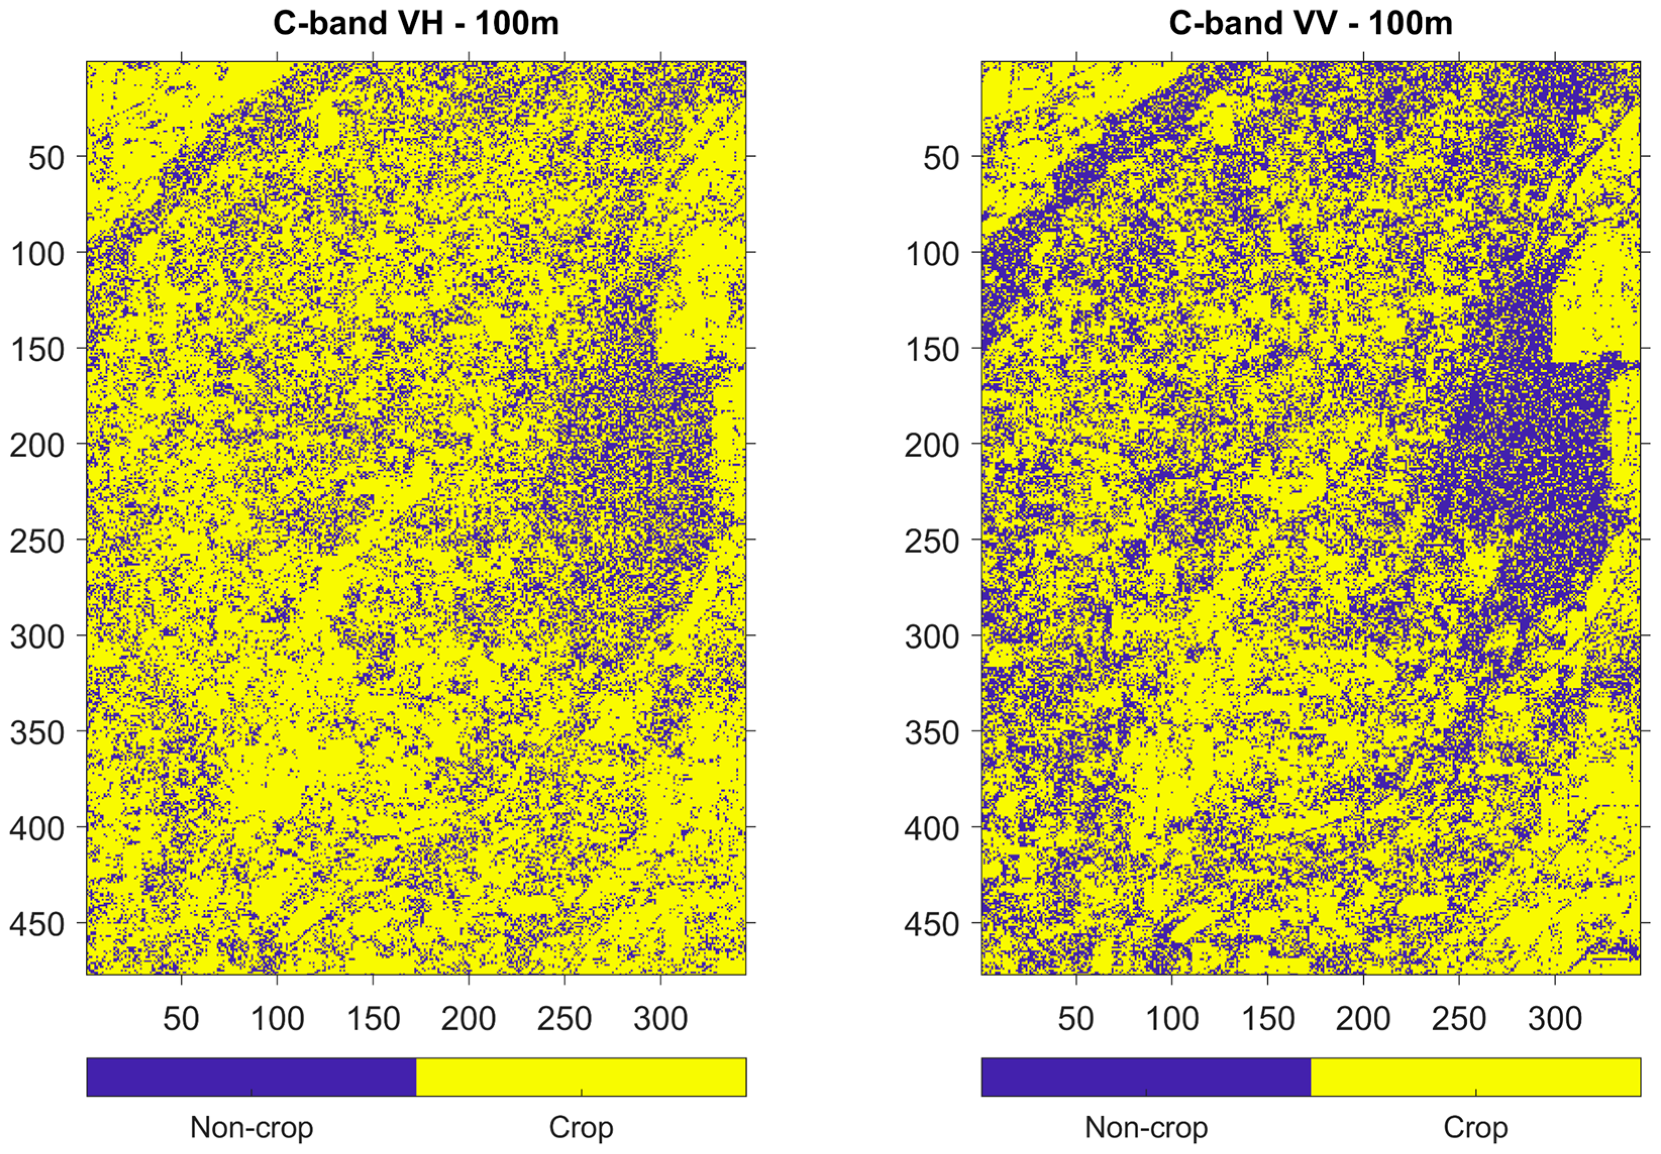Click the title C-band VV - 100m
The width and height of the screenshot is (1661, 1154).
(1310, 23)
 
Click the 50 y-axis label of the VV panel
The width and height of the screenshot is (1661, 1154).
(941, 157)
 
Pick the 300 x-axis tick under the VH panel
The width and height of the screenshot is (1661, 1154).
(660, 1018)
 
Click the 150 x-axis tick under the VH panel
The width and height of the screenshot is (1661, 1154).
(373, 1018)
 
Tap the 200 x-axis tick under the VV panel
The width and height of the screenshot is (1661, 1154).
(1363, 1018)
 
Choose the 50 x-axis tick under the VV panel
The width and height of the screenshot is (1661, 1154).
(1076, 1018)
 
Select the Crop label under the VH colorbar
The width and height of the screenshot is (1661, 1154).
(580, 1127)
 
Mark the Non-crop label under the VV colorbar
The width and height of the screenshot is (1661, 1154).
(1146, 1127)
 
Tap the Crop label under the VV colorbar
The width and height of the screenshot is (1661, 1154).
(1475, 1127)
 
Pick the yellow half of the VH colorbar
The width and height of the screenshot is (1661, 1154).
(580, 1077)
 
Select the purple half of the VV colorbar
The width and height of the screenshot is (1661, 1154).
(1146, 1077)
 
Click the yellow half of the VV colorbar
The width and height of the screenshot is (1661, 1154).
(1475, 1077)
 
